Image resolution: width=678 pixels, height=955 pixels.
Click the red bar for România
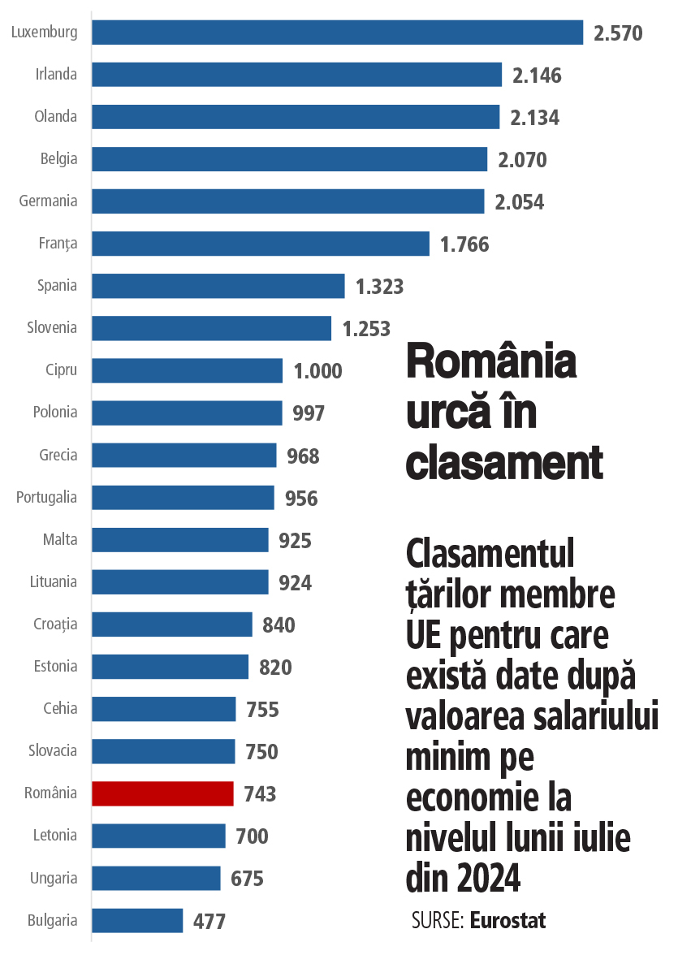click(x=162, y=793)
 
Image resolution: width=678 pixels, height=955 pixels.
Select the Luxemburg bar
click(x=337, y=32)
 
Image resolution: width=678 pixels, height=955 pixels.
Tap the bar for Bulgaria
click(x=137, y=920)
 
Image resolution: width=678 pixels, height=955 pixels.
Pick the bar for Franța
click(x=260, y=244)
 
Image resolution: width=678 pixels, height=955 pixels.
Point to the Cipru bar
click(x=187, y=370)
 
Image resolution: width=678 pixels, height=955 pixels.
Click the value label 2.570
click(x=618, y=33)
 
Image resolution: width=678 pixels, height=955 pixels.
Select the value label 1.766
click(x=464, y=244)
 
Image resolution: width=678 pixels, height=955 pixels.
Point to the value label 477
click(x=209, y=922)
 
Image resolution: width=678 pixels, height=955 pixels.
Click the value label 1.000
click(x=318, y=371)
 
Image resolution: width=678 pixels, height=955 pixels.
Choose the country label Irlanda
click(x=56, y=75)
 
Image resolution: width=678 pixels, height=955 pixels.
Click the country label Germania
click(x=49, y=201)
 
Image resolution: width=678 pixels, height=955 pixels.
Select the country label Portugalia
click(x=47, y=497)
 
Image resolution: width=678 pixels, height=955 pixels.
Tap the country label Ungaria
click(x=54, y=878)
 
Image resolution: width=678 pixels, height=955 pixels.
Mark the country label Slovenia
click(x=52, y=327)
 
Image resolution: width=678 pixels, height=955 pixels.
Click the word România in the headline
click(x=491, y=362)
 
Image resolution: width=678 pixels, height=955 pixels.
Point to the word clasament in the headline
click(x=503, y=463)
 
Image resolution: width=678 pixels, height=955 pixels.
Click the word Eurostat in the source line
click(x=507, y=920)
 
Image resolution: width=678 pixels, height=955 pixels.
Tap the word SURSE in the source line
click(x=437, y=920)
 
